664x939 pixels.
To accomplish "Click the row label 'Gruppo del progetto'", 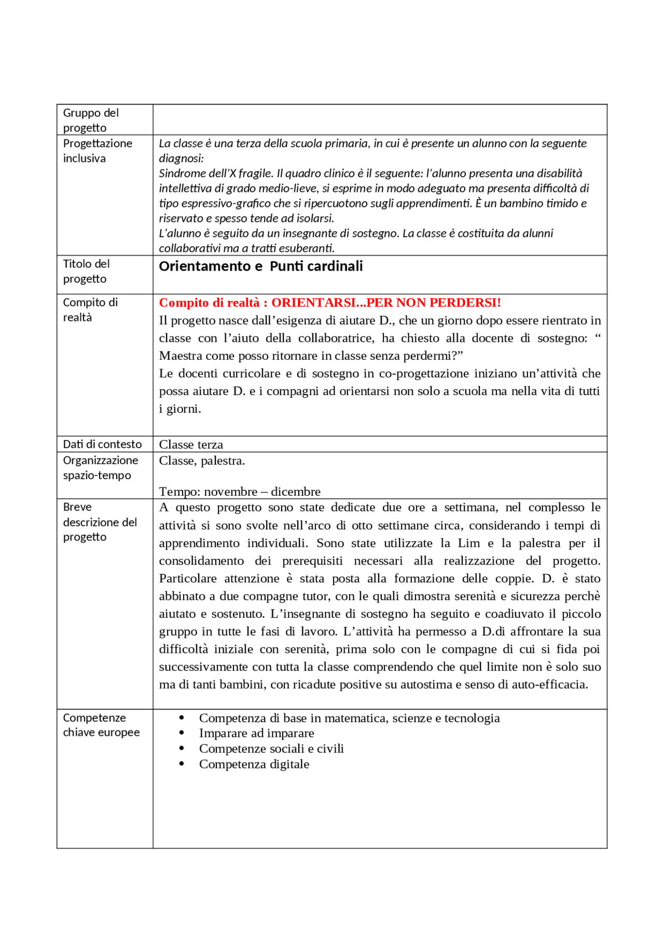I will [x=91, y=120].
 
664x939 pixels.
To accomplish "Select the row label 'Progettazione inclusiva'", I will [x=98, y=151].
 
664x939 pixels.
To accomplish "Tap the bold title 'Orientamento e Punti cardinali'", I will [x=260, y=267].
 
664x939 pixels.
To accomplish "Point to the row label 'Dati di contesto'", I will [x=102, y=444].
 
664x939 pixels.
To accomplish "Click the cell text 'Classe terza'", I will [x=191, y=445].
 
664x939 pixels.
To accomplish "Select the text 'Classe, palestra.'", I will [x=202, y=461].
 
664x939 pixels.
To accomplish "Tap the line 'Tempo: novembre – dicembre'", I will [x=240, y=492].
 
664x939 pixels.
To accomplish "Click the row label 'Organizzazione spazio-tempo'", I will [x=100, y=468].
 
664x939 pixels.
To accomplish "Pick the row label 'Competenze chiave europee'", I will [x=101, y=725].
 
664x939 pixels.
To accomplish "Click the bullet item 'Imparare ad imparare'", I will [x=256, y=733].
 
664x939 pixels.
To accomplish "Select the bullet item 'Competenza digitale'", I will [x=254, y=764].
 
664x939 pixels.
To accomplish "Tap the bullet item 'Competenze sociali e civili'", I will [x=271, y=749].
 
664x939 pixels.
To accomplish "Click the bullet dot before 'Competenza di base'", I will [x=182, y=718].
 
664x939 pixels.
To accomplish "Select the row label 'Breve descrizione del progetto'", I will [x=100, y=522].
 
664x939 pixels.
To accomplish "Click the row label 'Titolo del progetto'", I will [x=86, y=272].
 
